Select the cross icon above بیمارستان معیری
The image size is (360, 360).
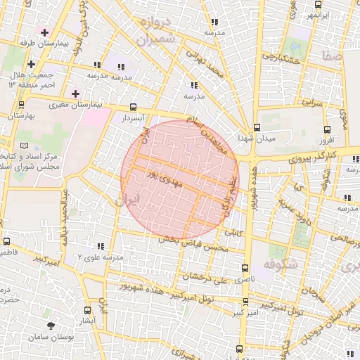[x=76, y=94]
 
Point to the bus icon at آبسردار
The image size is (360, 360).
[x=134, y=108]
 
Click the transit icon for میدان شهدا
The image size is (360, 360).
[x=257, y=128]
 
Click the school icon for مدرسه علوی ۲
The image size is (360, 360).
[x=100, y=246]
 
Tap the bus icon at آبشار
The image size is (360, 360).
[x=87, y=310]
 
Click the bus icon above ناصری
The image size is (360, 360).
[x=245, y=268]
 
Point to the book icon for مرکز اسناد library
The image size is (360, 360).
[x=26, y=146]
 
